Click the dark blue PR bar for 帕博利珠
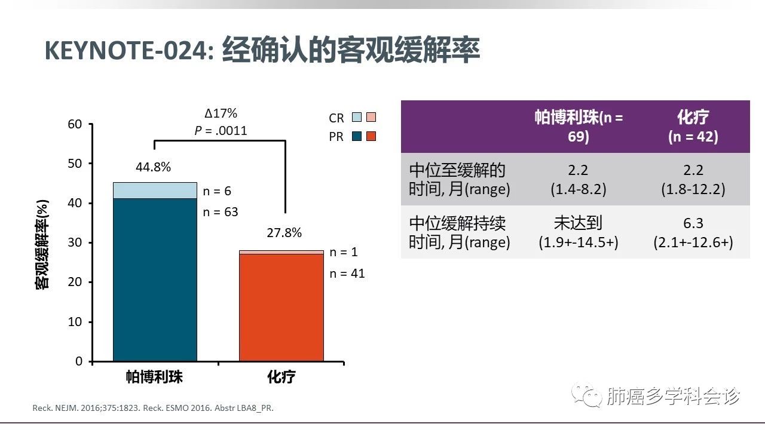pyautogui.click(x=155, y=279)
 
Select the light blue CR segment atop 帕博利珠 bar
pyautogui.click(x=155, y=190)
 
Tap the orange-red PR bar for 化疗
pyautogui.click(x=281, y=308)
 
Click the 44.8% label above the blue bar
pyautogui.click(x=153, y=167)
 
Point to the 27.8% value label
pyautogui.click(x=284, y=233)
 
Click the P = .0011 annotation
pyautogui.click(x=221, y=131)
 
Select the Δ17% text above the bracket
pyautogui.click(x=221, y=113)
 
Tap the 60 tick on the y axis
pyautogui.click(x=75, y=124)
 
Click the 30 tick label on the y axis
pyautogui.click(x=75, y=242)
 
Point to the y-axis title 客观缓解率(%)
pyautogui.click(x=42, y=243)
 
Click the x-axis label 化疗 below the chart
pyautogui.click(x=281, y=377)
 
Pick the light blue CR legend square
pyautogui.click(x=357, y=118)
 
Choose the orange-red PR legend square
pyautogui.click(x=371, y=136)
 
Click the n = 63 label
pyautogui.click(x=221, y=211)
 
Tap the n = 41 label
pyautogui.click(x=347, y=274)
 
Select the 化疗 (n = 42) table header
pyautogui.click(x=693, y=126)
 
